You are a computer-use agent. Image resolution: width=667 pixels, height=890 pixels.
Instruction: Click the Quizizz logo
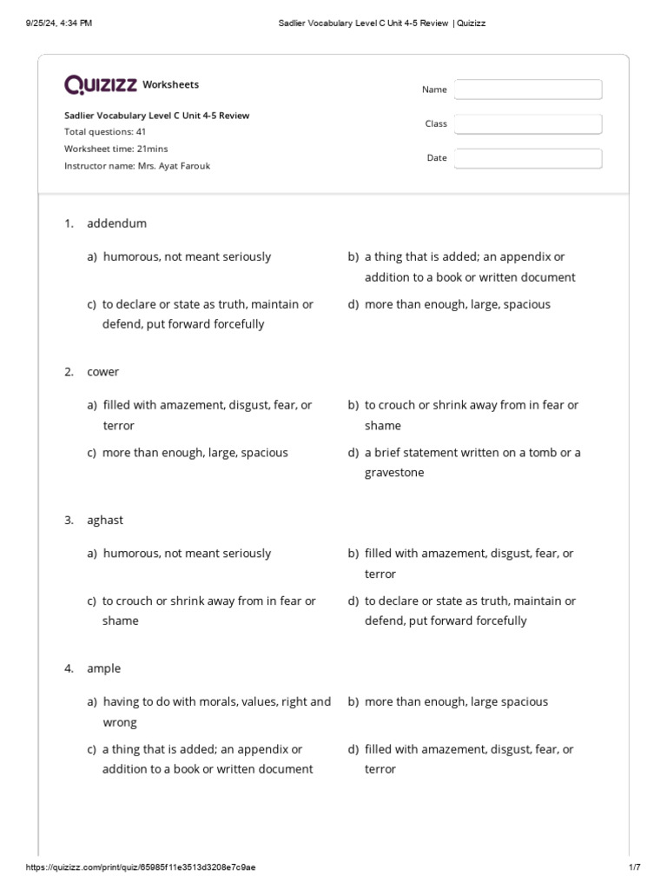[x=101, y=84]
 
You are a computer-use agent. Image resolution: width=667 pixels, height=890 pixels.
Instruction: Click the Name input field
[x=527, y=90]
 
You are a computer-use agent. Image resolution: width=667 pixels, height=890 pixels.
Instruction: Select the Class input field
[x=527, y=124]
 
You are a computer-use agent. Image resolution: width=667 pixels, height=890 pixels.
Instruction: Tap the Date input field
[x=527, y=158]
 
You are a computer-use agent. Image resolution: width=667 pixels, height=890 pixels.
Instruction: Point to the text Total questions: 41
[x=105, y=132]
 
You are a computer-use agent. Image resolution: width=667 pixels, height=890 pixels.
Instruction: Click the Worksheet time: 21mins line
[x=116, y=149]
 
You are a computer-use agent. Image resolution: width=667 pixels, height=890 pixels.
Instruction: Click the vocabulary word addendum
[x=116, y=223]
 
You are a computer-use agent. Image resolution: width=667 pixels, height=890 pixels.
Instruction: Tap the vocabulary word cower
[x=102, y=372]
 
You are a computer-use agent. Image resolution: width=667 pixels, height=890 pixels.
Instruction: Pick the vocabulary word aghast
[x=105, y=520]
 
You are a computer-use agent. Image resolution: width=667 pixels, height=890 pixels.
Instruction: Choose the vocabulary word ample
[x=103, y=668]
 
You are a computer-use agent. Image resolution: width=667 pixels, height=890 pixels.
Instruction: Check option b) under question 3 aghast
[x=469, y=563]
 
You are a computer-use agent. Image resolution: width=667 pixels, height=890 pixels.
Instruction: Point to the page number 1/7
[x=634, y=867]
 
